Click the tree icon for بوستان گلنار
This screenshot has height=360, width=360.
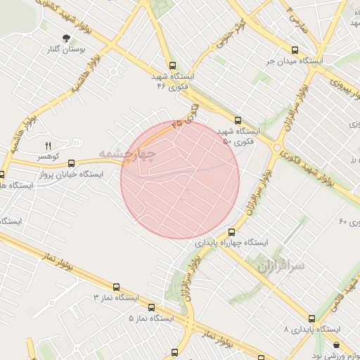(66, 38)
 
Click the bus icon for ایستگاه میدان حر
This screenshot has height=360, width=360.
(294, 50)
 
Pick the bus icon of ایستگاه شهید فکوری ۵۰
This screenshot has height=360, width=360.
(238, 120)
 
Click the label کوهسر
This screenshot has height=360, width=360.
(49, 155)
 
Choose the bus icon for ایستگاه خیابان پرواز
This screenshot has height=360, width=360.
(71, 163)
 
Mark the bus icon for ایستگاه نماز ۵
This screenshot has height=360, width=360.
(153, 307)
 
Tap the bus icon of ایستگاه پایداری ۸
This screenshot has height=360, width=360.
(312, 318)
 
